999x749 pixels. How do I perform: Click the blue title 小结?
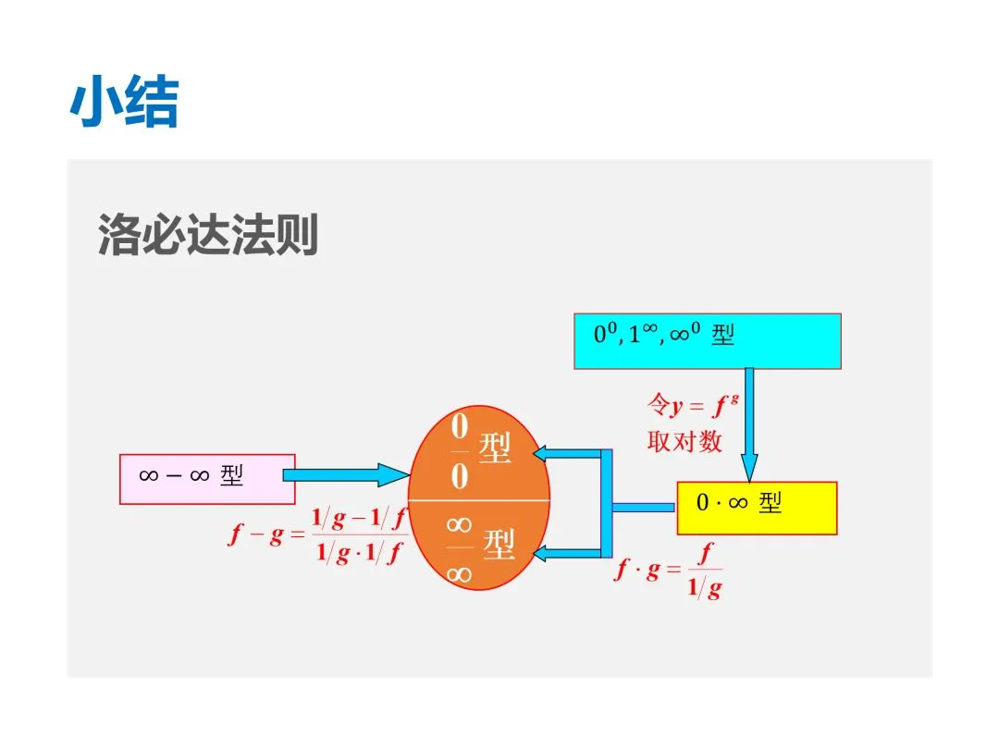(x=124, y=103)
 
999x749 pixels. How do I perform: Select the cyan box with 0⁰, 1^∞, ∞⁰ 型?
(x=708, y=341)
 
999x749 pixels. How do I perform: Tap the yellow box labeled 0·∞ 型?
(x=757, y=508)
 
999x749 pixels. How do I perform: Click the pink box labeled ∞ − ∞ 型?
(x=207, y=478)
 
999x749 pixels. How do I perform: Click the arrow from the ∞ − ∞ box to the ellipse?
(x=344, y=475)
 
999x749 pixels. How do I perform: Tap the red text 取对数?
(x=684, y=442)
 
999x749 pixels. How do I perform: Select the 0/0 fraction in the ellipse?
(x=460, y=452)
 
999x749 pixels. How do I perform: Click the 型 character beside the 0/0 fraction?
(x=495, y=449)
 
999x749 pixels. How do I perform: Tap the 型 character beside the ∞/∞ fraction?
(x=499, y=546)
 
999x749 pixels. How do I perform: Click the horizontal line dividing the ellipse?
(x=479, y=500)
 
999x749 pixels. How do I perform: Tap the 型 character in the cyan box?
(x=722, y=335)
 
